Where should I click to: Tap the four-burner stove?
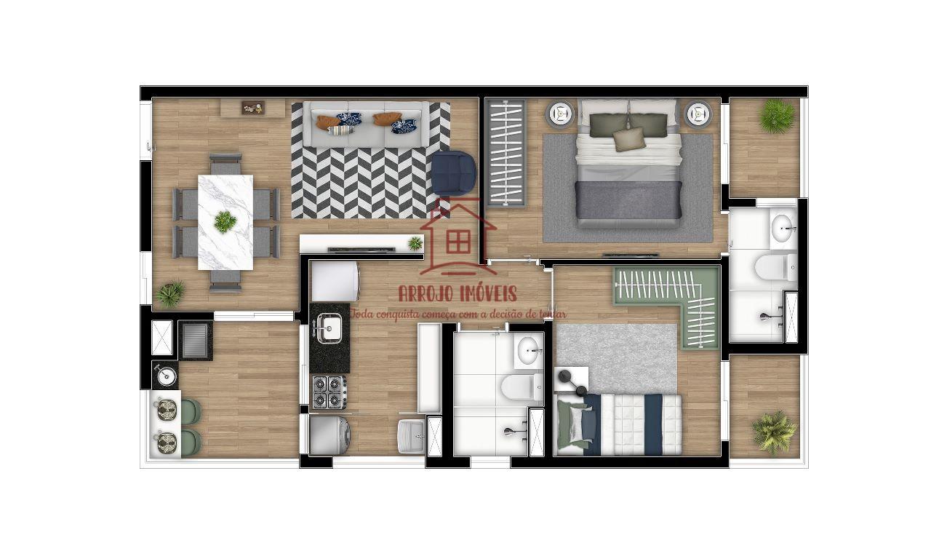click(329, 392)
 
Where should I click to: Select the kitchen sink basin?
click(329, 328)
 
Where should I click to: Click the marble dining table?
click(225, 223)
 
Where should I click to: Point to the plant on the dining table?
click(225, 221)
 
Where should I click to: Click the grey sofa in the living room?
click(367, 124)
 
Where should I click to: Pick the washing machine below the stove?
click(330, 435)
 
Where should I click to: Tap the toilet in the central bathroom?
click(522, 387)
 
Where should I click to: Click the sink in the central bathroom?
click(528, 350)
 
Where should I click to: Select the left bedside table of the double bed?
click(560, 114)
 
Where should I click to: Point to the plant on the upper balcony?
click(777, 116)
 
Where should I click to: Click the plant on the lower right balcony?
click(774, 432)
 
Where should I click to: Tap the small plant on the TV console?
click(415, 243)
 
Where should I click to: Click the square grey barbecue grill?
click(196, 341)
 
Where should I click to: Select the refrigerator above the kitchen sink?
click(335, 281)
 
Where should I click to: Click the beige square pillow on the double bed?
click(629, 139)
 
